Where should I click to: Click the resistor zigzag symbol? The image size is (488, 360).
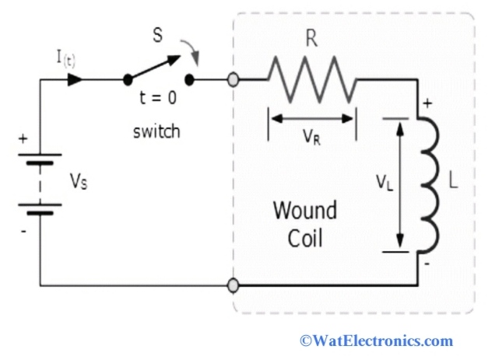click(x=311, y=79)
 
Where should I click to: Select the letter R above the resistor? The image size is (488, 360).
click(x=311, y=40)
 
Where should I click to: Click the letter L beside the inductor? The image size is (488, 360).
click(x=454, y=185)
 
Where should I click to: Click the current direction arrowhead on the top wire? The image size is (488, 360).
click(x=76, y=79)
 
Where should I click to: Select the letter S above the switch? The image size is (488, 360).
click(x=158, y=37)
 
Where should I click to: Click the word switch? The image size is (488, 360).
click(x=156, y=131)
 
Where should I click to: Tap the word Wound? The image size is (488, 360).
click(x=304, y=211)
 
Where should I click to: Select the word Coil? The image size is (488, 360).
click(x=304, y=237)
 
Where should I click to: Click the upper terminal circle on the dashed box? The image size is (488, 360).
click(x=232, y=79)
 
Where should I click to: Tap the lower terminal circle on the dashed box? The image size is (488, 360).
click(x=232, y=285)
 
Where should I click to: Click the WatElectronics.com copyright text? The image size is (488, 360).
click(x=376, y=341)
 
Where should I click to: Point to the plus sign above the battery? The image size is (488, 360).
click(x=23, y=140)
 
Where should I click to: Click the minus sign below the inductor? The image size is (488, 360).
click(x=427, y=264)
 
